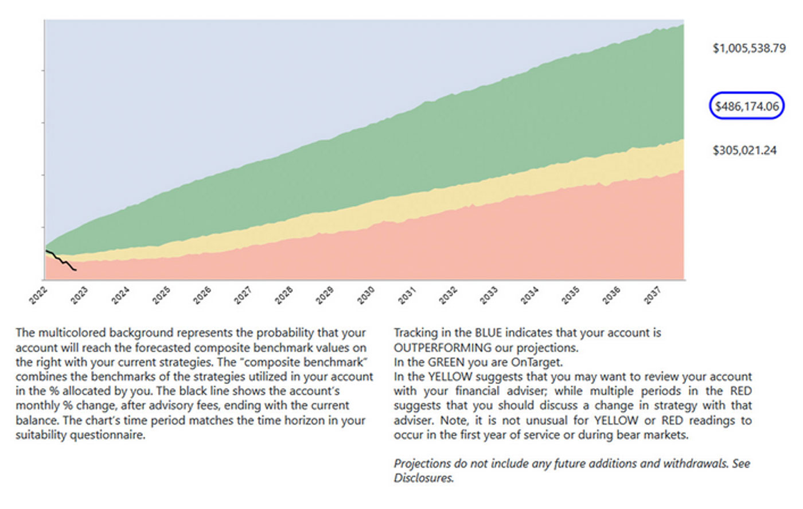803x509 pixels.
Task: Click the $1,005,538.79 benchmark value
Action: click(749, 48)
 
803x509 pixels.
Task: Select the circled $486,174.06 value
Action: click(747, 106)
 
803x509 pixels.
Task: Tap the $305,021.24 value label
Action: click(744, 150)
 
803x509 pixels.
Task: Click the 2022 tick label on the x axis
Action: click(38, 296)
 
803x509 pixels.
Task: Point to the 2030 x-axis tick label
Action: click(365, 295)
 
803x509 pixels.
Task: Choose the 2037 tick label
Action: click(652, 295)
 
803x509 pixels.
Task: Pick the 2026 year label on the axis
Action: click(202, 295)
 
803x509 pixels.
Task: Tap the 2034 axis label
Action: click(529, 295)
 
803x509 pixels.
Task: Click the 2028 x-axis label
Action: click(284, 295)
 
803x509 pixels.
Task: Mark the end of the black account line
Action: click(76, 270)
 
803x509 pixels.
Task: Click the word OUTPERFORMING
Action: click(442, 348)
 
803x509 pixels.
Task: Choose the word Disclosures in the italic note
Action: click(423, 478)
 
